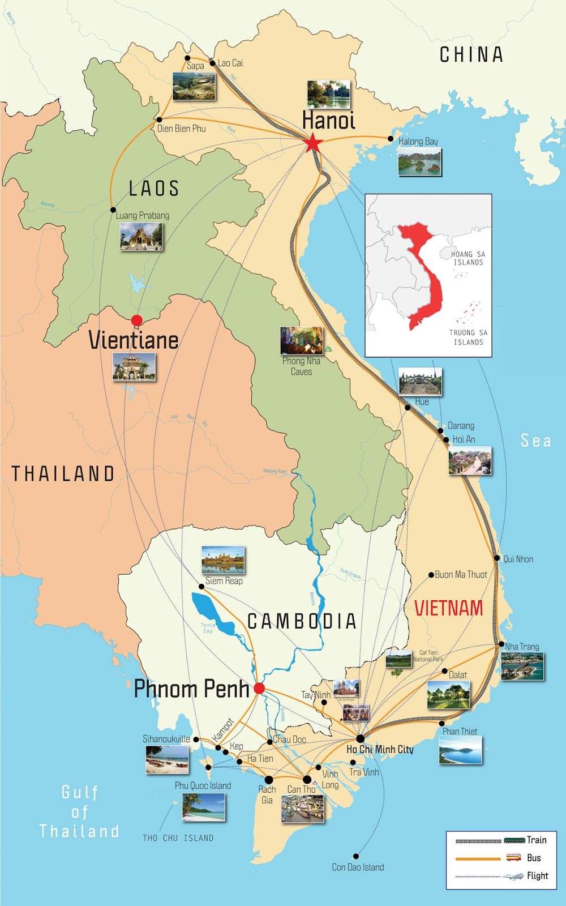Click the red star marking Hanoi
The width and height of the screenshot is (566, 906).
point(313,143)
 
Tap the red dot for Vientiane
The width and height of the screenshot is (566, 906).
point(136,320)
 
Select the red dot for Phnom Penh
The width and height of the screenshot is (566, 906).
point(259,688)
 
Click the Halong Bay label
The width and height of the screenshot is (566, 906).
point(418,141)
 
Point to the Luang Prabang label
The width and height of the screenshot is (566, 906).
point(142,215)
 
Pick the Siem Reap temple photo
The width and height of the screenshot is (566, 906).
point(223,560)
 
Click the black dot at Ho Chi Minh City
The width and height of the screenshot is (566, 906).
point(360,738)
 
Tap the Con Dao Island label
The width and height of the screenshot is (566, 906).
point(358,867)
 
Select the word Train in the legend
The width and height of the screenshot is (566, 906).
point(537,840)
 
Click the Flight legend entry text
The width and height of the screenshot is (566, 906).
point(537,875)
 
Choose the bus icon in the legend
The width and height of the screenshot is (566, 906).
point(513,857)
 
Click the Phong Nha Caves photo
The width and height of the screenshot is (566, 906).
point(302,340)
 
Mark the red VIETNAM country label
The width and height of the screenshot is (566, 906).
point(448,608)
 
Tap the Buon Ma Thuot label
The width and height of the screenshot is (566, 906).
point(460,574)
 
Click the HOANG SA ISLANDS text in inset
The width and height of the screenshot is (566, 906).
point(468,258)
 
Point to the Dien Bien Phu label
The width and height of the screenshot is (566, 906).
point(181,129)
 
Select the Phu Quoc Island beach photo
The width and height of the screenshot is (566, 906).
point(203,807)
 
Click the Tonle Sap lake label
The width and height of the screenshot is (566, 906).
point(208,627)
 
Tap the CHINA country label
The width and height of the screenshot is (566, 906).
point(471,54)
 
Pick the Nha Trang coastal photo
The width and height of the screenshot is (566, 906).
point(522,666)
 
